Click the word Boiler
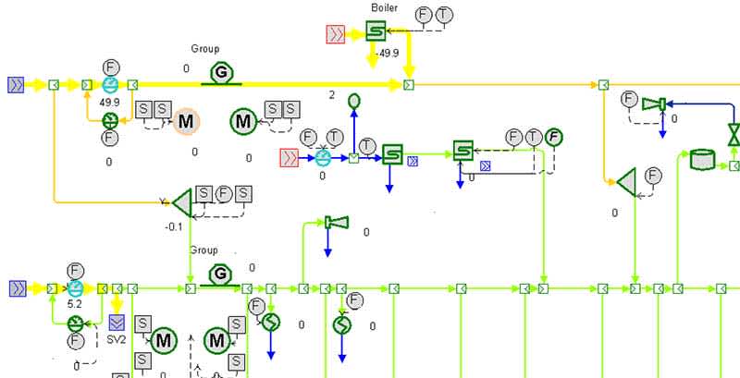pos(384,8)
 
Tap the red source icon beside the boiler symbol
pos(336,35)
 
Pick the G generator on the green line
pos(220,274)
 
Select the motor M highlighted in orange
pos(186,121)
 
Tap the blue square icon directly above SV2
pos(117,323)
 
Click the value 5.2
pos(76,302)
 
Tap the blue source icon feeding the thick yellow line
pos(16,85)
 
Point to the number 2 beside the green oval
pos(331,95)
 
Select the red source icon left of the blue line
pos(289,158)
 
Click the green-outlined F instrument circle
pos(553,138)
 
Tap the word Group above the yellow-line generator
pos(205,49)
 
